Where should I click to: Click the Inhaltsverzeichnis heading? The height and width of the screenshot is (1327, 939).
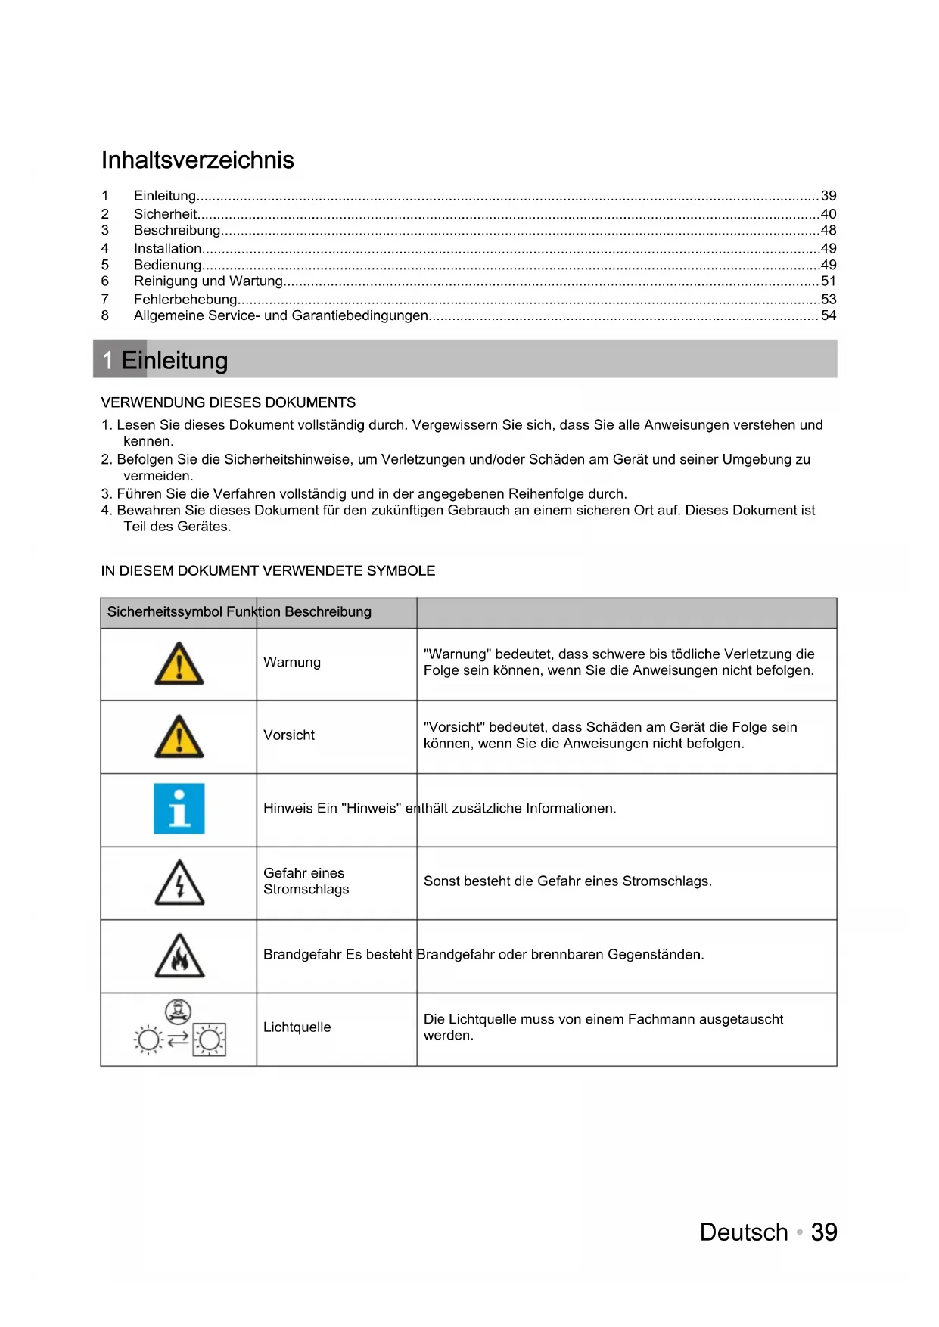point(197,160)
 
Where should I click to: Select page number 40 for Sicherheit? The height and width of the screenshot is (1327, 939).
point(829,214)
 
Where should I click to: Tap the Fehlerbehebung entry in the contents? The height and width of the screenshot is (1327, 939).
point(185,299)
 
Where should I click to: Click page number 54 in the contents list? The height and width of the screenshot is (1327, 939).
point(829,315)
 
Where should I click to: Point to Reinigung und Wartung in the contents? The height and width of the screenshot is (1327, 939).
point(208,281)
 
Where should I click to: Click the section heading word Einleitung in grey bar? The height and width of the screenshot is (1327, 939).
point(175,360)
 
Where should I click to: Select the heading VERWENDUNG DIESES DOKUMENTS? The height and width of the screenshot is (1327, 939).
point(228,402)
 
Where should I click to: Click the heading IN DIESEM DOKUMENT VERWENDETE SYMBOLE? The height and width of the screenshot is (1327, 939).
point(268,570)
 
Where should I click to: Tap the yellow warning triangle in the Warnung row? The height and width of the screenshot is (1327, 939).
point(179,664)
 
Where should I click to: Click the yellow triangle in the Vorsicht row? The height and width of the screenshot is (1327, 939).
point(179,737)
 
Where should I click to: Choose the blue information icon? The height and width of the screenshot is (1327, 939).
point(179,809)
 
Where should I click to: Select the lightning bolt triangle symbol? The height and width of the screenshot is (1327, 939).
point(179,883)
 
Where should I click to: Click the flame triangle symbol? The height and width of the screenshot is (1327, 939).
point(179,956)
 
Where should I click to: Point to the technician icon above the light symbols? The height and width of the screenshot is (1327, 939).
point(179,1010)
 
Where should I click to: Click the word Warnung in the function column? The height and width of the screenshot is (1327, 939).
point(292,662)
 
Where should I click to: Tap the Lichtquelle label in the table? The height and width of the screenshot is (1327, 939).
point(297,1027)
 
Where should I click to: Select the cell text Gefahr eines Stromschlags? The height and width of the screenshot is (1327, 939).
point(306,881)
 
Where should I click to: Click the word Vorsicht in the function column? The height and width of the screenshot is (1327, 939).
point(289,735)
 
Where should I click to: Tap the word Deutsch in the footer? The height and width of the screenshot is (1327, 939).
point(744,1232)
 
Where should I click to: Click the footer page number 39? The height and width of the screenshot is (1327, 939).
point(824,1232)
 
